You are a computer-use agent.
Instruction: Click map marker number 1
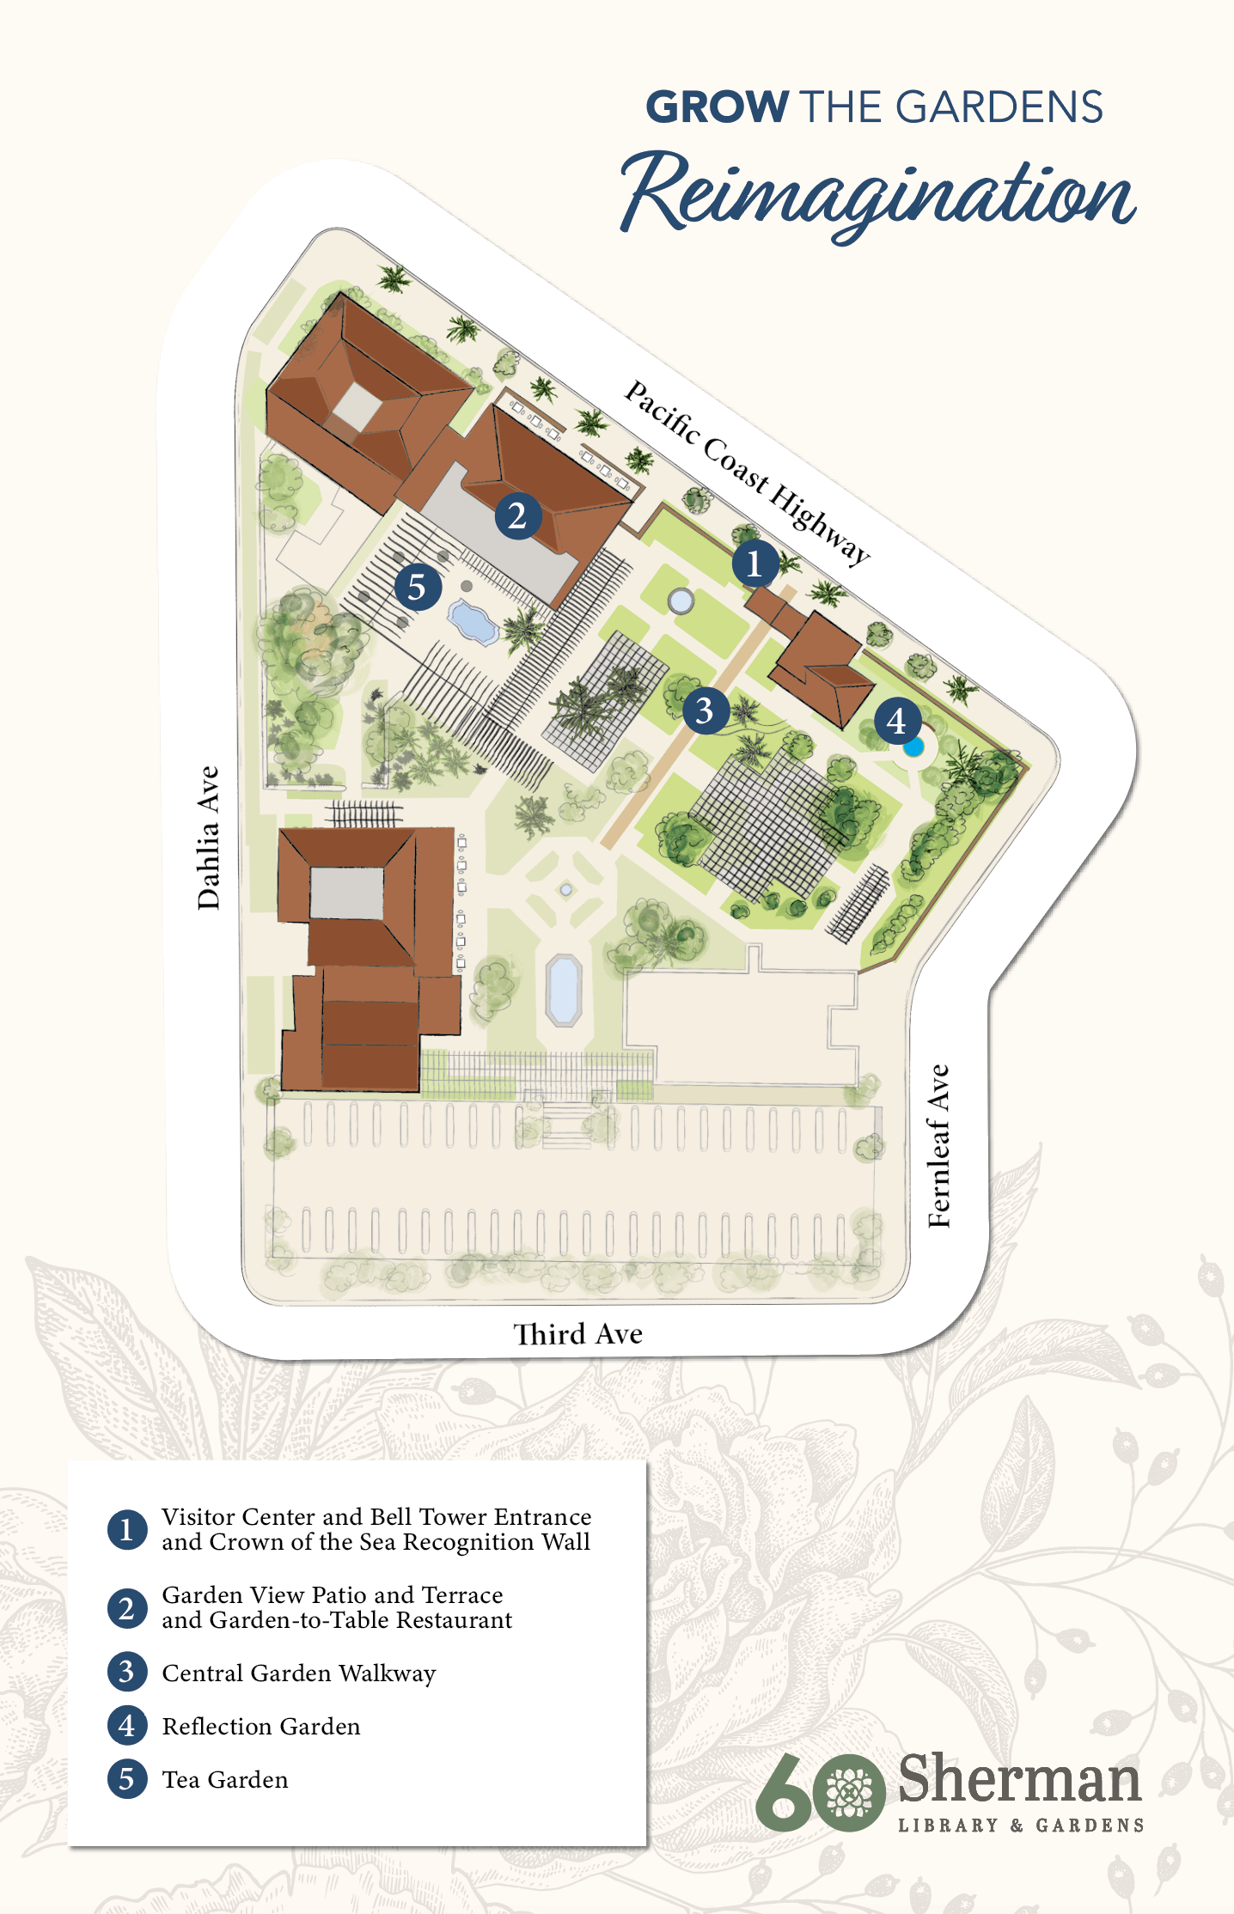coord(755,564)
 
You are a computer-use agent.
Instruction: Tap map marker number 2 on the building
coord(517,516)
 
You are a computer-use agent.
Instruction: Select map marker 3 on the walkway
coord(706,710)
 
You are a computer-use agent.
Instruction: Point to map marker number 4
coord(897,721)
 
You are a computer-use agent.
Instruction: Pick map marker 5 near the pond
coord(418,588)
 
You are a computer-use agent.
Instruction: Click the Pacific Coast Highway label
coord(746,472)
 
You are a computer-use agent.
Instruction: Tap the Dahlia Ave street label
coord(209,838)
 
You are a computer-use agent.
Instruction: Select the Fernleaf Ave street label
coord(940,1146)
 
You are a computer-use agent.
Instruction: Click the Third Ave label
coord(577,1334)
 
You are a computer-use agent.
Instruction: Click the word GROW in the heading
coord(717,107)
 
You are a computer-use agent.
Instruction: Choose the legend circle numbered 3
coord(126,1672)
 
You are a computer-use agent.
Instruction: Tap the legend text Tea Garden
coord(225,1779)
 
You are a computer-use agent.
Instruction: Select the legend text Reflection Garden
coord(261,1726)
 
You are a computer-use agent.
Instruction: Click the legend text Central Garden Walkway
coord(299,1673)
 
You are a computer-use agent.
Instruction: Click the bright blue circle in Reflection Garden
coord(913,747)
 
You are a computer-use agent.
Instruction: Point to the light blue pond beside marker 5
coord(472,621)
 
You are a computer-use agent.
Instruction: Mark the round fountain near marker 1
coord(681,600)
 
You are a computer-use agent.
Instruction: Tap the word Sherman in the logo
coord(1019,1779)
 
